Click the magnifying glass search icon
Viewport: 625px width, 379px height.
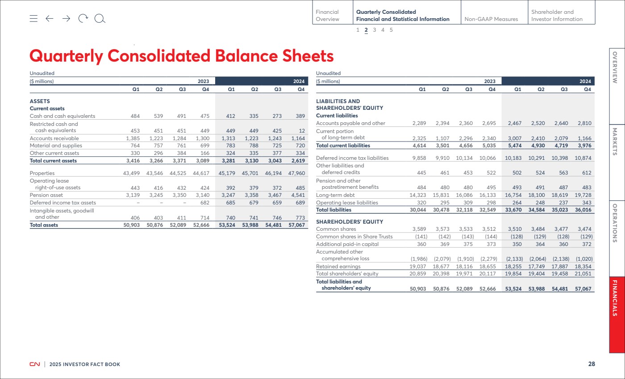coord(100,19)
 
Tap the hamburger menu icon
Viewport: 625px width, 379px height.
coord(33,18)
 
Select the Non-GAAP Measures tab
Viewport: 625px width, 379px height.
coord(491,19)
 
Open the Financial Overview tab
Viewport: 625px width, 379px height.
coord(327,15)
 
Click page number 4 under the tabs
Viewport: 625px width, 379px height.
coord(383,30)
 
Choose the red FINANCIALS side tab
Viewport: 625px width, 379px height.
coord(617,315)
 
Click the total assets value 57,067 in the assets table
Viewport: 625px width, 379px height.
coord(296,225)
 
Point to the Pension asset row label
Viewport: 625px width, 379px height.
coord(46,195)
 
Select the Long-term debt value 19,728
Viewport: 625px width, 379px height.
coord(583,195)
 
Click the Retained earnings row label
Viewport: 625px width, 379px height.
coord(338,267)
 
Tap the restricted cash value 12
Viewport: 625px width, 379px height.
coord(302,131)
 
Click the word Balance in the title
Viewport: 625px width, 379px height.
coord(246,56)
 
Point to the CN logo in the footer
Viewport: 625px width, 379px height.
coord(35,364)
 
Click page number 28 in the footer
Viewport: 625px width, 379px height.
coord(592,364)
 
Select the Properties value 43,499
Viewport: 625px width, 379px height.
coord(131,173)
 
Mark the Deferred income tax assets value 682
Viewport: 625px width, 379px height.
coord(205,203)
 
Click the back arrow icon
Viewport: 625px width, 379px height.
coord(50,18)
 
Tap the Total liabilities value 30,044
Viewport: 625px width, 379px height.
coord(418,210)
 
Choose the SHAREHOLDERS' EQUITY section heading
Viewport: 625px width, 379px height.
coord(350,222)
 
